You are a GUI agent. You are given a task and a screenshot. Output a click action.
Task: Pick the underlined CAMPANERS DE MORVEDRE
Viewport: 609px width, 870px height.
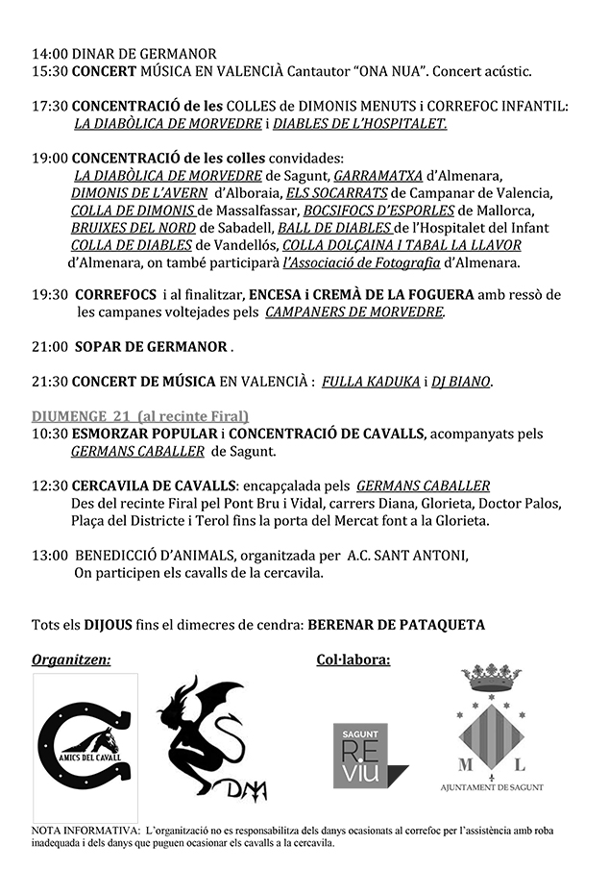pyautogui.click(x=355, y=312)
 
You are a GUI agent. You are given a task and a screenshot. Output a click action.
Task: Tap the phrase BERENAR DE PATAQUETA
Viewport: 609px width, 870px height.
pyautogui.click(x=396, y=625)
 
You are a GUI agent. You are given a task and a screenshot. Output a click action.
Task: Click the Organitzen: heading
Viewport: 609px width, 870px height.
pyautogui.click(x=71, y=660)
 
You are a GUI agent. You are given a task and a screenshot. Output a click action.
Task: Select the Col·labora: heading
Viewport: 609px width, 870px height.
pyautogui.click(x=353, y=660)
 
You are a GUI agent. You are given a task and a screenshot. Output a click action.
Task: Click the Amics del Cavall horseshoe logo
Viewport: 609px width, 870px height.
pyautogui.click(x=85, y=742)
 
